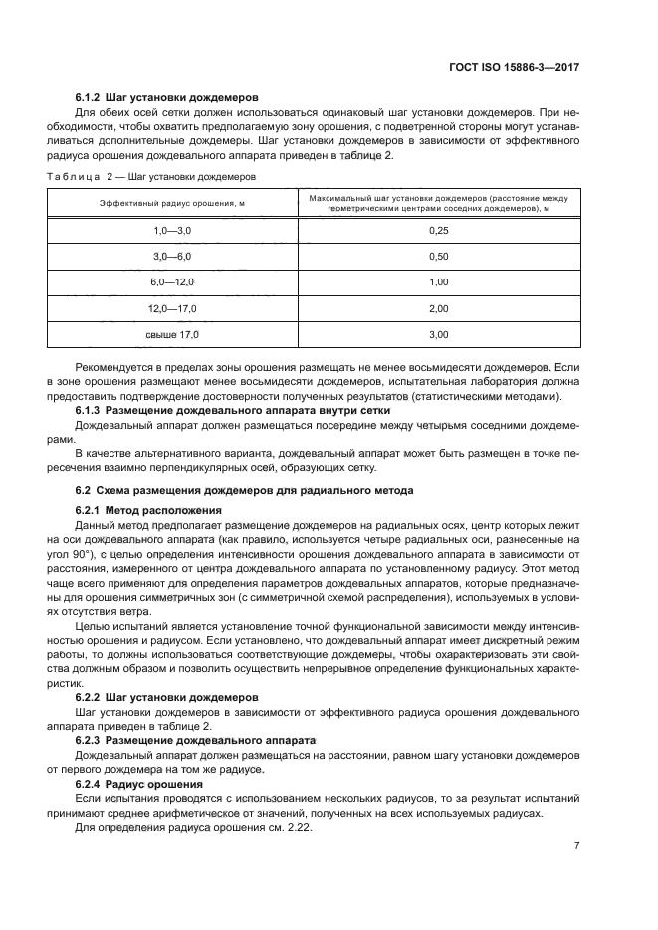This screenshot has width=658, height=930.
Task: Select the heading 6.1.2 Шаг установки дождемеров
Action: [x=167, y=98]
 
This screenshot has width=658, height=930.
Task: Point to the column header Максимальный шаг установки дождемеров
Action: [x=438, y=203]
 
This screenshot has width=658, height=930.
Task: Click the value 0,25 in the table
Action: [x=438, y=230]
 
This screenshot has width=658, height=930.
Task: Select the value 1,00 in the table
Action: [x=438, y=282]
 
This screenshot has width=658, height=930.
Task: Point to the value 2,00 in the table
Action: [x=438, y=308]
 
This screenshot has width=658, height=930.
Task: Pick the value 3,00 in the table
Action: [x=438, y=335]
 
